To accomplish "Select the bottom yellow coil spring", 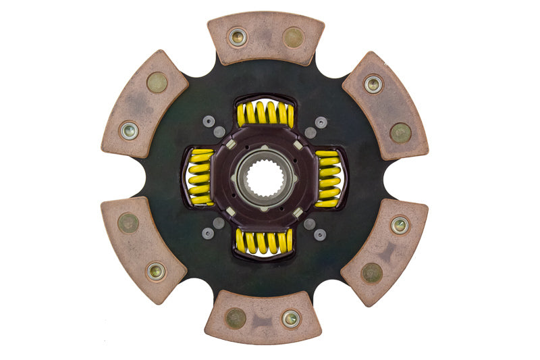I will [264, 242].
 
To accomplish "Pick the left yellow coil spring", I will [200, 176].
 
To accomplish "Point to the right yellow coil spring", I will [328, 178].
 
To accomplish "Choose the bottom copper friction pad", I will [263, 317].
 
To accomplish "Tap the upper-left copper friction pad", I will [144, 103].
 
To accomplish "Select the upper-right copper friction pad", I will [385, 105].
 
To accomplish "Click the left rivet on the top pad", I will [238, 37].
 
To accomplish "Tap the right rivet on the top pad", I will [293, 37].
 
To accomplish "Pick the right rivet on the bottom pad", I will [291, 318].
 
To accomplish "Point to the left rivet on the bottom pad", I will [236, 317].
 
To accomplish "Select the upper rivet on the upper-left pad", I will [157, 82].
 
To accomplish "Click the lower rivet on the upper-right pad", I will [400, 132].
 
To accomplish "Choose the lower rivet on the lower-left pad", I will [156, 272].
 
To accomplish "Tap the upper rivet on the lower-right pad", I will [400, 225].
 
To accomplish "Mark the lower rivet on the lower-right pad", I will [371, 272].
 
